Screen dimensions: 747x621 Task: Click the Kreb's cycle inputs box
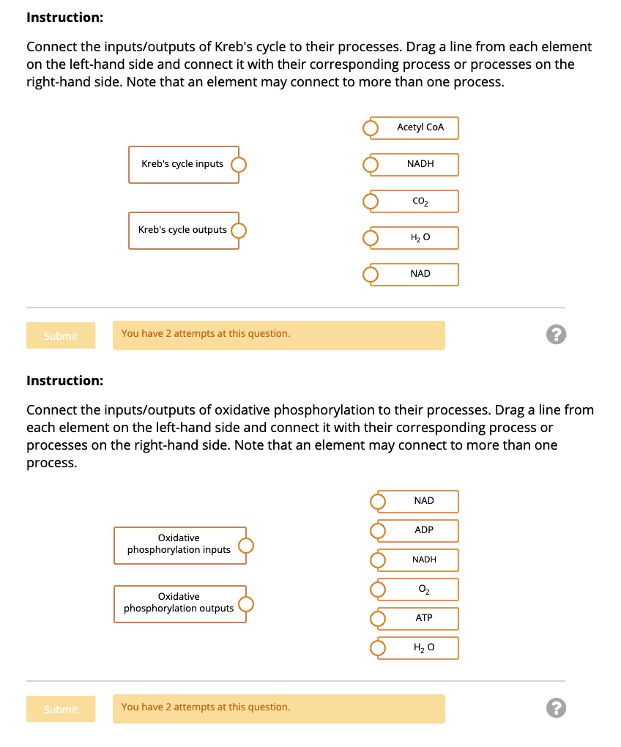(x=182, y=164)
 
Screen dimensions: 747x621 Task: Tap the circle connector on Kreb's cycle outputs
(x=239, y=231)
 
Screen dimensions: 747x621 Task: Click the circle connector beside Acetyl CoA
(x=371, y=129)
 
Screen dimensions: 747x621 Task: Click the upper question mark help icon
(x=556, y=335)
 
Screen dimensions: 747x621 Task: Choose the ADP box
(x=423, y=530)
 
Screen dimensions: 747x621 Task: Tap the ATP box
(x=423, y=618)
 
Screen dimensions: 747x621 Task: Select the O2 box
(x=423, y=589)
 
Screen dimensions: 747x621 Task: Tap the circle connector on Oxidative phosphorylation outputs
(x=247, y=604)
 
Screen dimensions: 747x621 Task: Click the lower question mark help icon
(x=556, y=708)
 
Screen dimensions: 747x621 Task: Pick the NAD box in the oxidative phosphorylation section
(x=423, y=501)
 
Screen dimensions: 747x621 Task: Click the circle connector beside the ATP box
(x=378, y=620)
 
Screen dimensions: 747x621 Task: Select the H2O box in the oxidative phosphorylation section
(x=423, y=647)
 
